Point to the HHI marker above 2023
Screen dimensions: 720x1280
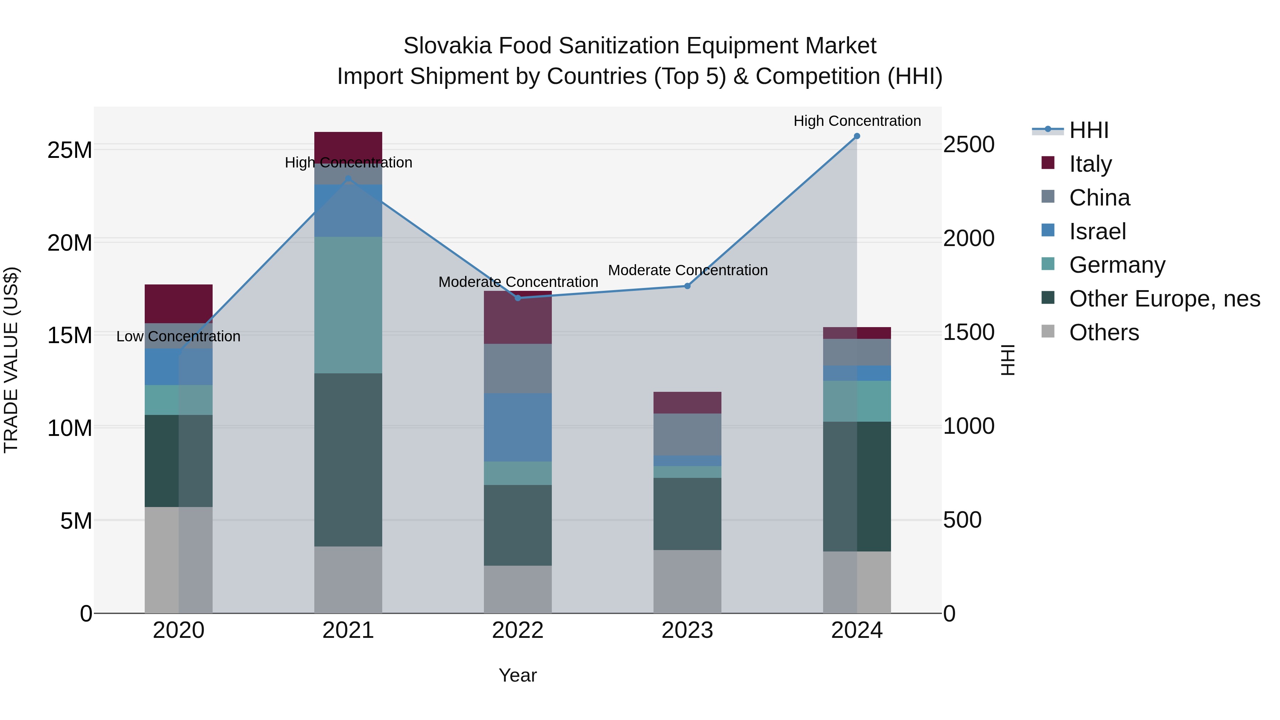pyautogui.click(x=687, y=286)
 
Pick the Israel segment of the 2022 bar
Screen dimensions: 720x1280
pyautogui.click(x=518, y=427)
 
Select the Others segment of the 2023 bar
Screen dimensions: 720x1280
pyautogui.click(x=687, y=581)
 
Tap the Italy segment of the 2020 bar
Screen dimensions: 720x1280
pyautogui.click(x=178, y=304)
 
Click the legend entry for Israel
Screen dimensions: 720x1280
pyautogui.click(x=1097, y=231)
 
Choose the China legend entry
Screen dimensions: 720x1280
pyautogui.click(x=1099, y=198)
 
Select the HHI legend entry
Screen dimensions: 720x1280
pyautogui.click(x=1088, y=130)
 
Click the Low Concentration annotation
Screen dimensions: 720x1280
pyautogui.click(x=178, y=336)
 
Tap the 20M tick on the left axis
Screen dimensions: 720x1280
pyautogui.click(x=70, y=243)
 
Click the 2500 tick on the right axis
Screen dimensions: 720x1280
pyautogui.click(x=968, y=145)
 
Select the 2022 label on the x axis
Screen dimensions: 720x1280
pyautogui.click(x=518, y=630)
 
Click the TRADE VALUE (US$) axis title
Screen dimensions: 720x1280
pyautogui.click(x=11, y=360)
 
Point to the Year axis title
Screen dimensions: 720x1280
pyautogui.click(x=518, y=675)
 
